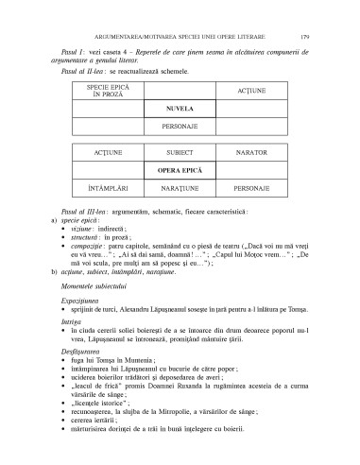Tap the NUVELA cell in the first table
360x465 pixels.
click(x=179, y=109)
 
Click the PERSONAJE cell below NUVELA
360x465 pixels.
click(x=179, y=126)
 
